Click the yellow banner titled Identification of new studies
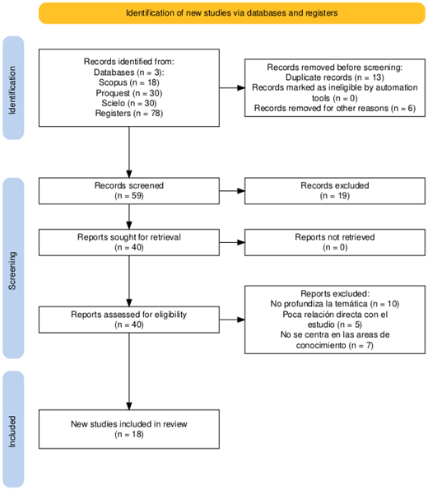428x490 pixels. point(232,13)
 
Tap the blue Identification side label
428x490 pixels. point(13,88)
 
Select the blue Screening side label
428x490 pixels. point(13,268)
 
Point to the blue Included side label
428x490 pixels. point(13,429)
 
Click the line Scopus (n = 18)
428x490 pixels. point(129,82)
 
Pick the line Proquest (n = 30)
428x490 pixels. point(129,93)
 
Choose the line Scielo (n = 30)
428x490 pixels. point(129,103)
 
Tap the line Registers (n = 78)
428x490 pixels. point(129,113)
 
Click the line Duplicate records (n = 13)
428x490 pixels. point(335,77)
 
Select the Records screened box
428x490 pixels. point(129,191)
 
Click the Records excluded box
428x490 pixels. point(335,191)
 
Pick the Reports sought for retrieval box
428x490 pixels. point(129,242)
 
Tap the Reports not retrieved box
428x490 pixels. point(335,242)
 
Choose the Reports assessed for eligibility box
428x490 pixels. point(129,320)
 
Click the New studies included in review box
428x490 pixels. point(129,429)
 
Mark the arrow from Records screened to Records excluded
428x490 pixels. point(232,191)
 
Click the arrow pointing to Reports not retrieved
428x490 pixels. point(232,242)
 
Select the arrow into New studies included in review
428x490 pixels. point(129,371)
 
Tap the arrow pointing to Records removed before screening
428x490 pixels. point(232,88)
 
